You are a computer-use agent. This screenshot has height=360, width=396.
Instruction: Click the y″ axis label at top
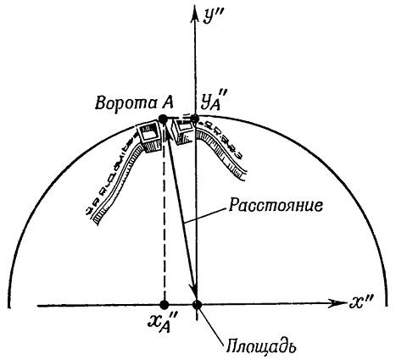point(211,17)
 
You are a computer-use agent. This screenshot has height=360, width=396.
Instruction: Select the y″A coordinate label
point(213,102)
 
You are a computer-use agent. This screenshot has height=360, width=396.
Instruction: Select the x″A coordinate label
point(161,324)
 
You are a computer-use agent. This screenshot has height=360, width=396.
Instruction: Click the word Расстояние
point(276,205)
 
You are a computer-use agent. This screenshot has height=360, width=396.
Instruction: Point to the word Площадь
point(261,346)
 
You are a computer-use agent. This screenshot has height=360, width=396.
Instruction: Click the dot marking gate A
point(163,119)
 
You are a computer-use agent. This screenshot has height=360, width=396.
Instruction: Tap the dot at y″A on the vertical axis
point(194,119)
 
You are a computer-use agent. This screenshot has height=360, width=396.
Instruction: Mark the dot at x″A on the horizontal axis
point(165,305)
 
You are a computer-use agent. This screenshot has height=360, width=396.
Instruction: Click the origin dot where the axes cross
point(197,305)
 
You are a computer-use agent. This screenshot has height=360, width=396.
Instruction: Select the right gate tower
point(184,130)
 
